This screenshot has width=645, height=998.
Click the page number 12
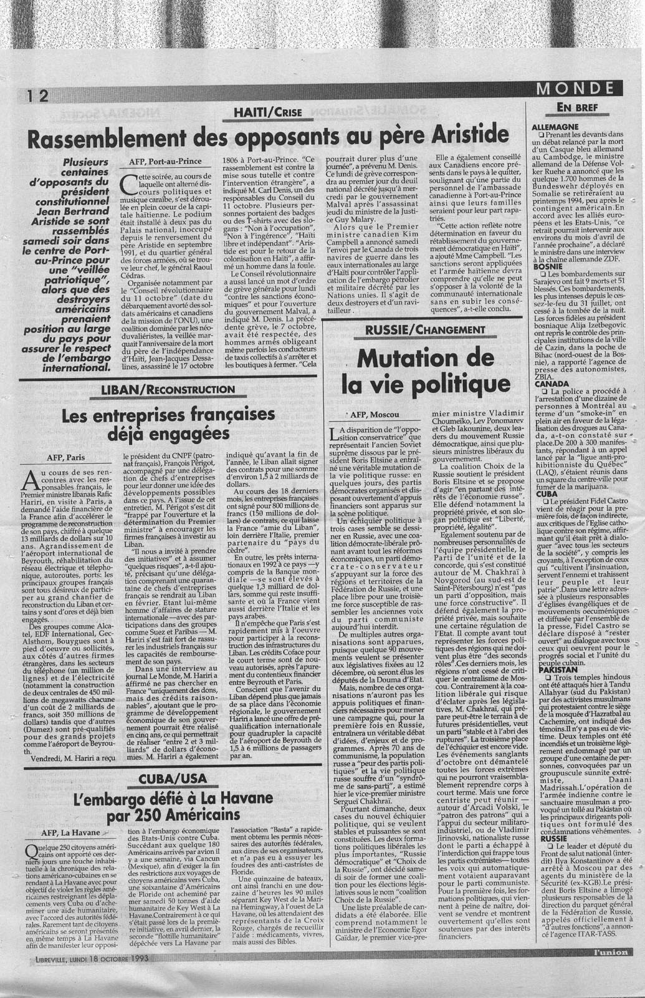pyautogui.click(x=36, y=95)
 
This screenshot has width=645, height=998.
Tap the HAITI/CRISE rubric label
pyautogui.click(x=266, y=112)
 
